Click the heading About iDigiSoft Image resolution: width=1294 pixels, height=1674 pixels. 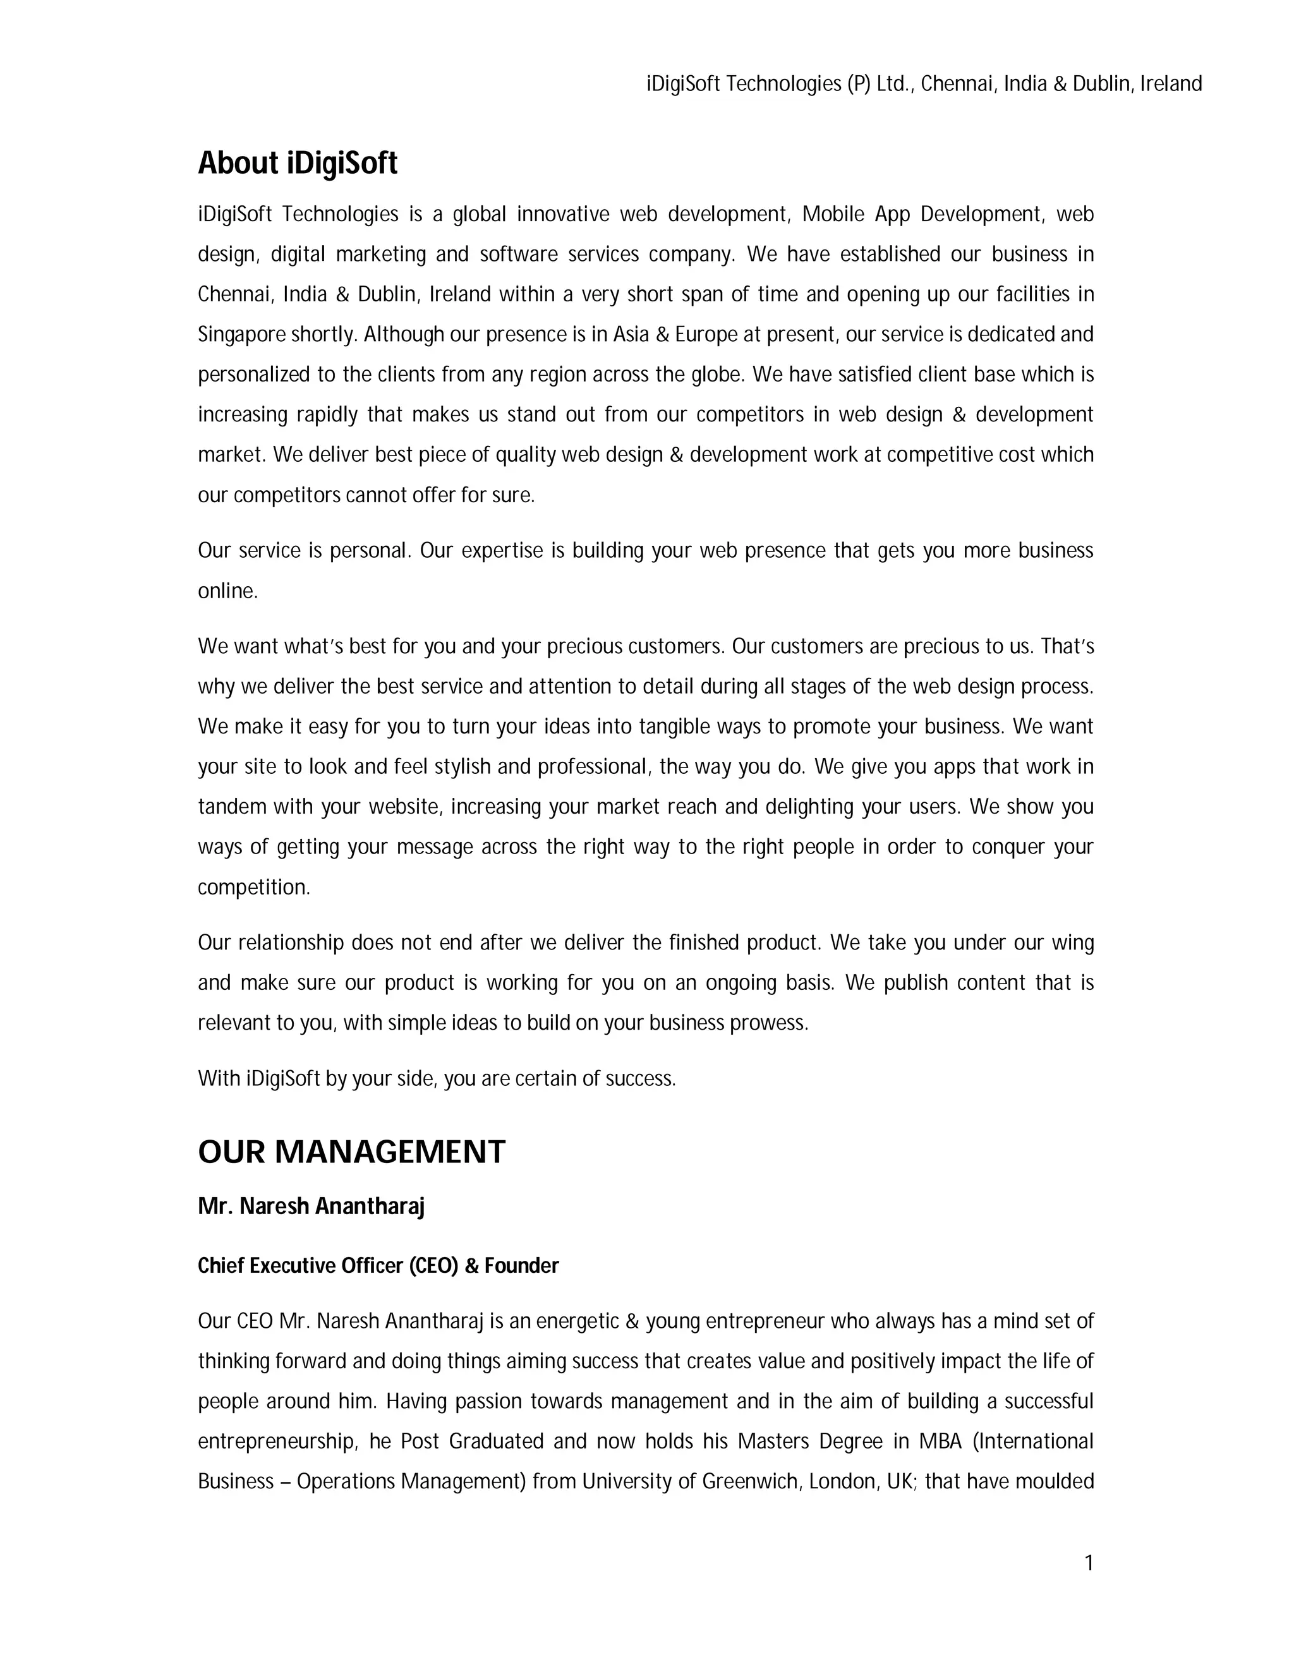pos(298,163)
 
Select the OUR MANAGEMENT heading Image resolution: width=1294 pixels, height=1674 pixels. pos(351,1152)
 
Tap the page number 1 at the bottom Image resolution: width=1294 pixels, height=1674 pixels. pos(1089,1563)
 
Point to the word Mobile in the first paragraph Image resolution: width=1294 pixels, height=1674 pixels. pos(833,214)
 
